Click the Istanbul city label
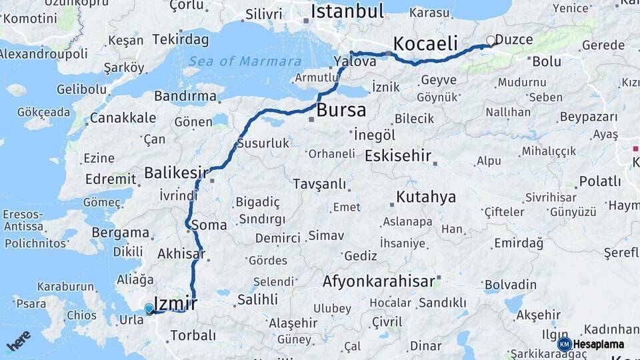[x=347, y=11]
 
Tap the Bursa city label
[x=341, y=110]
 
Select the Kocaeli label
[x=425, y=44]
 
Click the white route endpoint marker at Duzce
[x=491, y=41]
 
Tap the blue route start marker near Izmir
[x=149, y=308]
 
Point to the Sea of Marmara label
[x=244, y=61]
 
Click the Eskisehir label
[x=398, y=156]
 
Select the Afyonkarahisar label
[x=378, y=281]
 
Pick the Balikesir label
[x=176, y=173]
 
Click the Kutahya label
[x=426, y=197]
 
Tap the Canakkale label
[x=123, y=118]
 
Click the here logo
[x=18, y=341]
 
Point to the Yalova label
[x=355, y=61]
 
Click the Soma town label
[x=209, y=225]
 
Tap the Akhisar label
[x=180, y=254]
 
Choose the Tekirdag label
[x=176, y=40]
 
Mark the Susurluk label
[x=263, y=143]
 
